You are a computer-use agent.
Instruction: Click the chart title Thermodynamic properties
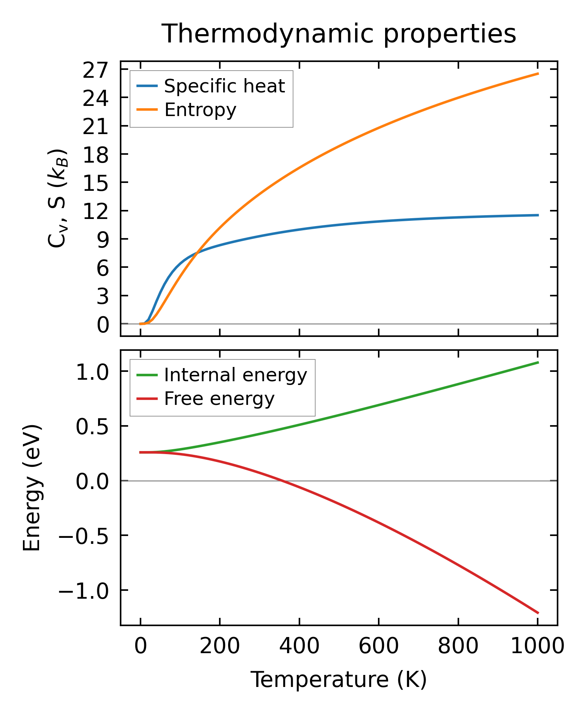(x=339, y=34)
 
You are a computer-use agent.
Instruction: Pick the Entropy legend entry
(x=200, y=110)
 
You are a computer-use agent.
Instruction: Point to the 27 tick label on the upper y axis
(x=95, y=70)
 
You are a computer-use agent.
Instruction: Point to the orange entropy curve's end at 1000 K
(x=538, y=74)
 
